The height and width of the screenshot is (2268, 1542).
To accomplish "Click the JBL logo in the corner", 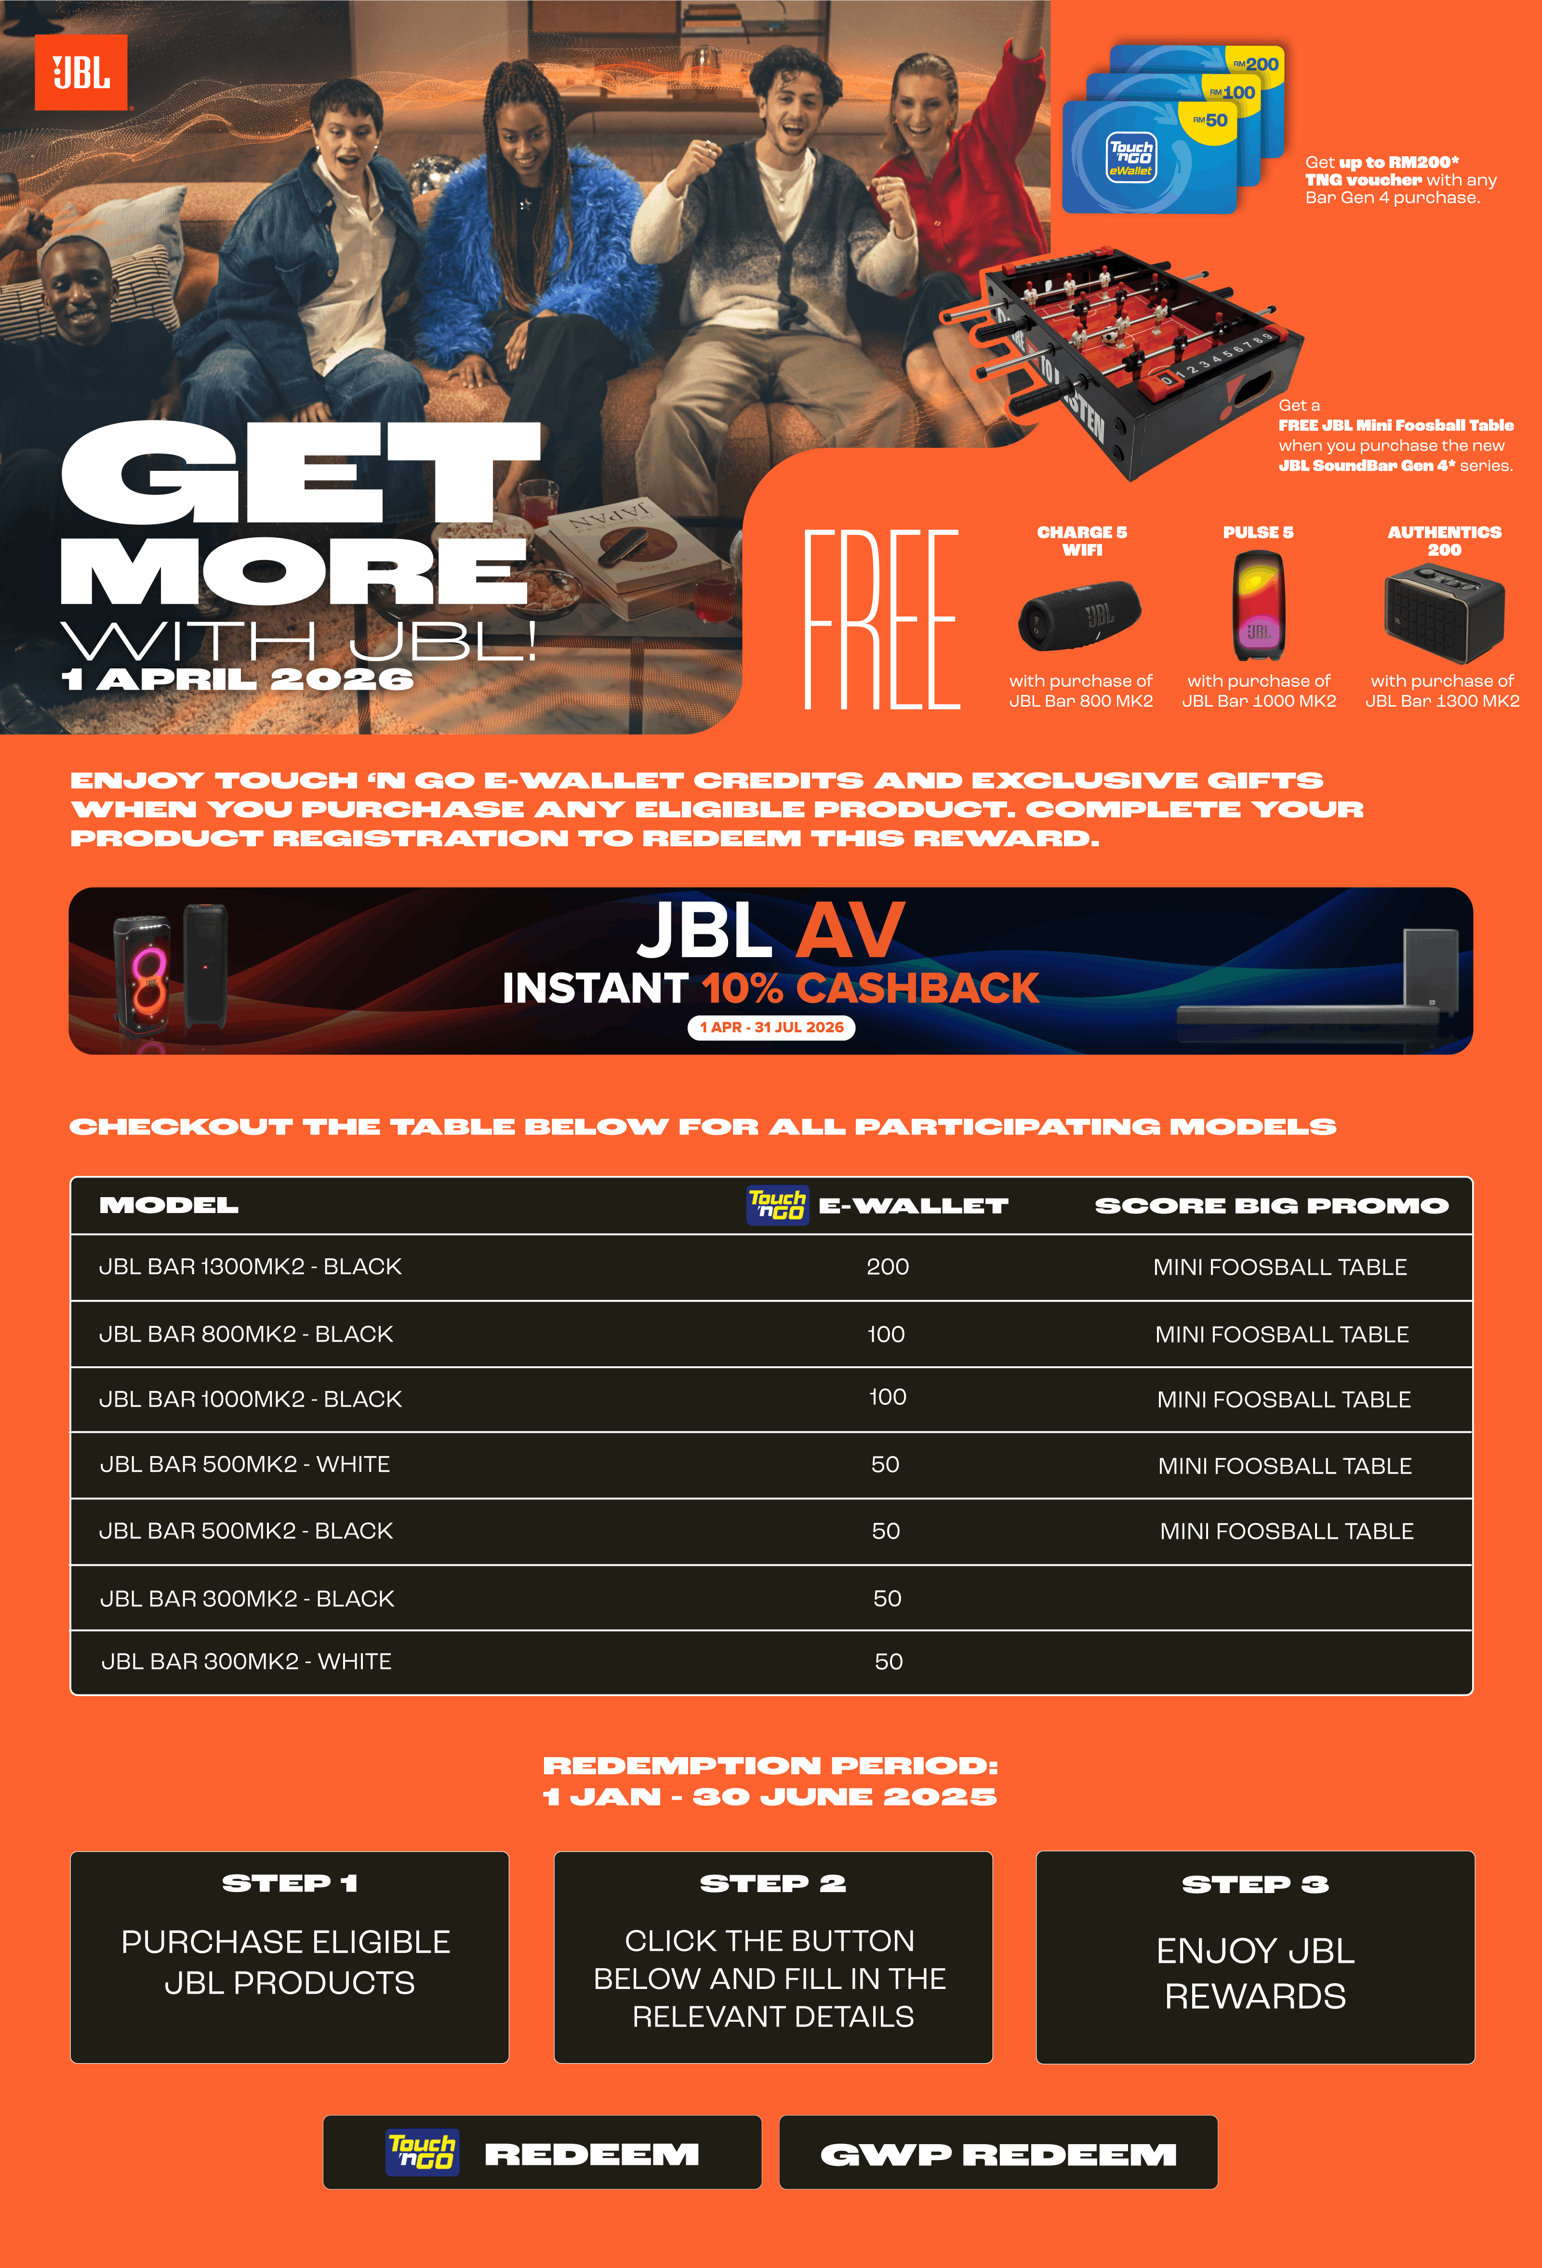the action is point(81,72).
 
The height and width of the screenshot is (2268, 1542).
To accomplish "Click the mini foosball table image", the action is point(1122,361).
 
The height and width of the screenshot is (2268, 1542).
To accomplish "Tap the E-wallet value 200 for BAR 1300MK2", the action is point(887,1267).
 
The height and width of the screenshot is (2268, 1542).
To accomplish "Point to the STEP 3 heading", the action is point(1255,1883).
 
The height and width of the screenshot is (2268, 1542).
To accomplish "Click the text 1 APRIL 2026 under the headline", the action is point(238,679).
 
